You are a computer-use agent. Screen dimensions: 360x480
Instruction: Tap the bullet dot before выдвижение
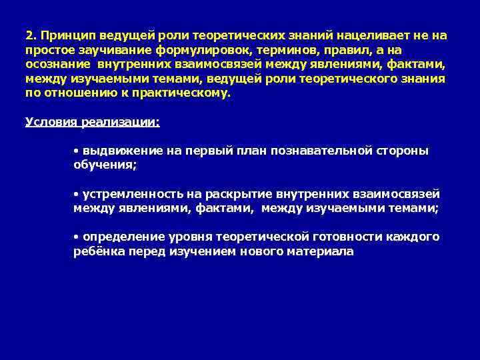(x=76, y=151)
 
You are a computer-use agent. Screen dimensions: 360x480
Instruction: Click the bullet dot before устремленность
(x=76, y=195)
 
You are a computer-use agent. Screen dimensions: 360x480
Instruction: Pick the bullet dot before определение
(x=76, y=238)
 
